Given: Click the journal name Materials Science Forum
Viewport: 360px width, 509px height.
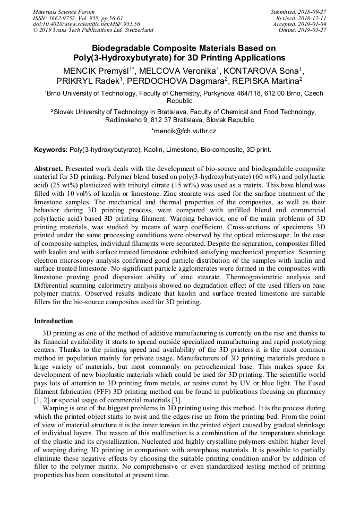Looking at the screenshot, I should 64,12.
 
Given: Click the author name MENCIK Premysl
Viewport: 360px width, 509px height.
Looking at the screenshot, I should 95,71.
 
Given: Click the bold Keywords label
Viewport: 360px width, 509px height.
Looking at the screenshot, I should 51,150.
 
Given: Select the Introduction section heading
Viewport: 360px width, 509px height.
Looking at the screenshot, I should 54,321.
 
